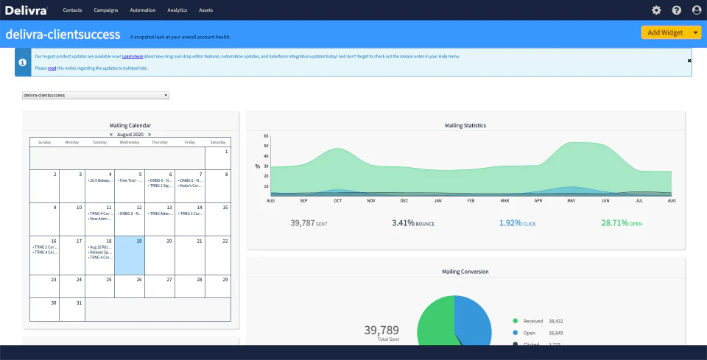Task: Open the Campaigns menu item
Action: (x=106, y=10)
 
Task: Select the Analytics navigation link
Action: (x=177, y=10)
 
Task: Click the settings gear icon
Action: (x=656, y=10)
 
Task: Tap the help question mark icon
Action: (x=676, y=10)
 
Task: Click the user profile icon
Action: (x=697, y=10)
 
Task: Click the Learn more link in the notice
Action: (x=133, y=56)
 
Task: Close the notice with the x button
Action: (x=689, y=60)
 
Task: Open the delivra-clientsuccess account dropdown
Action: (x=96, y=95)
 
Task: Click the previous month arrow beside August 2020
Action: (x=111, y=135)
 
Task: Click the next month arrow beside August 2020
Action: (x=150, y=135)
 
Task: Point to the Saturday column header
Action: (x=217, y=142)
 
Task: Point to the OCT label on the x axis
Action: (x=337, y=200)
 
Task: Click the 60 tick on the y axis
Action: (x=265, y=136)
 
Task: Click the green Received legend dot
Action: (x=514, y=321)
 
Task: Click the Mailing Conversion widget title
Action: (x=465, y=272)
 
